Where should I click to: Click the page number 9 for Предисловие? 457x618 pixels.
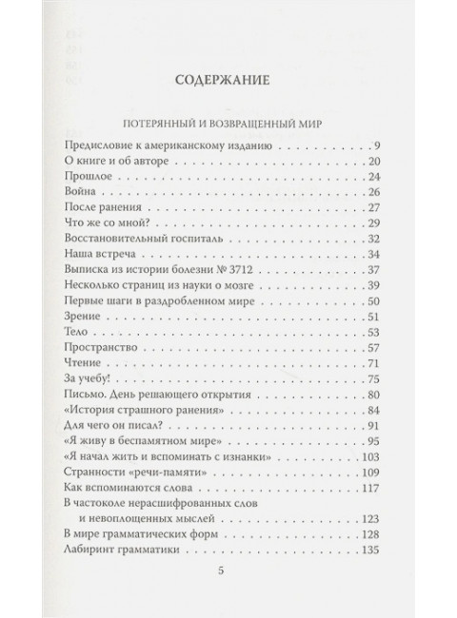pyautogui.click(x=377, y=145)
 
